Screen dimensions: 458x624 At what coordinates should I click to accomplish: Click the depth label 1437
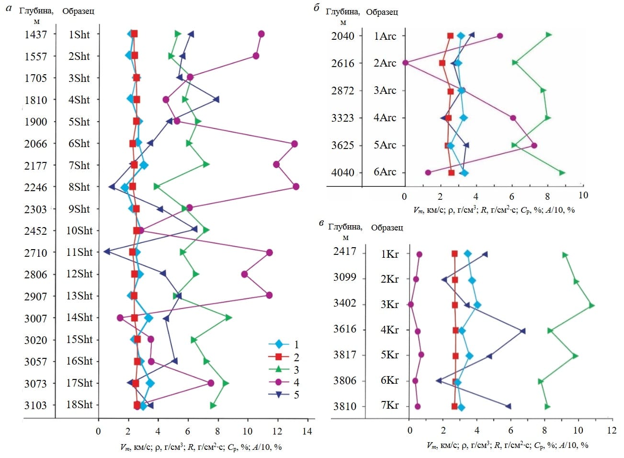tap(36, 34)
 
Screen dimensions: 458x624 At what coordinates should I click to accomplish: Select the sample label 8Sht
tap(79, 187)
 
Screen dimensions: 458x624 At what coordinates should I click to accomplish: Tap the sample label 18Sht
tap(79, 404)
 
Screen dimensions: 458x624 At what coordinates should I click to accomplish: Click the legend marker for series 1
tap(278, 344)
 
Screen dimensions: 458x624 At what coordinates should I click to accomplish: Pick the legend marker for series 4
tap(278, 382)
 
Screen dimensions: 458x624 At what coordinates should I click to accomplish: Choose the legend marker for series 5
tap(278, 395)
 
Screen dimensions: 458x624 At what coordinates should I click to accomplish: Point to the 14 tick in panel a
tap(307, 431)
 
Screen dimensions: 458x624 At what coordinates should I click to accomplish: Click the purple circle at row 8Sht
tap(296, 186)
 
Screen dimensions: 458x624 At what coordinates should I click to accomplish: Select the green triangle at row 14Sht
tap(228, 318)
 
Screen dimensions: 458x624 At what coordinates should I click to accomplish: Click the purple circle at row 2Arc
tap(406, 63)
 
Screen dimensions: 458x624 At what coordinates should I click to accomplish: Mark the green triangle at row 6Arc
tap(562, 172)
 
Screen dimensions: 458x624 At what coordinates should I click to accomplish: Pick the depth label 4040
tap(343, 172)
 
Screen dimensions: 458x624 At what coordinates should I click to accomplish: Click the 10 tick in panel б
tap(583, 195)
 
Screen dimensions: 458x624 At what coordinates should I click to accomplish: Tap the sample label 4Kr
tap(389, 330)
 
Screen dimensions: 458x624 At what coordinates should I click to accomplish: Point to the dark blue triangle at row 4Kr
tap(522, 331)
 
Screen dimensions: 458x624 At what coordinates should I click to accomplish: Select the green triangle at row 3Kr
tap(591, 305)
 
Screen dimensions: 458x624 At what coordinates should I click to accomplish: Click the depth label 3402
tap(345, 303)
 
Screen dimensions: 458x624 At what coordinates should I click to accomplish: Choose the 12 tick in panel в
tap(612, 430)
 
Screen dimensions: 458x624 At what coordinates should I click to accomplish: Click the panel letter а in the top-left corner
tap(8, 8)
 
